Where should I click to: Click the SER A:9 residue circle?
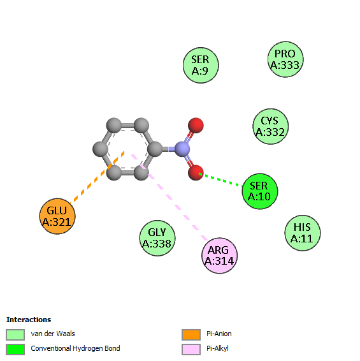tap(201, 66)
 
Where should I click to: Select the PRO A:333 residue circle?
tap(285, 59)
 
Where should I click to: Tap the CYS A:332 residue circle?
tap(271, 126)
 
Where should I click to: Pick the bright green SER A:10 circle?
tap(260, 191)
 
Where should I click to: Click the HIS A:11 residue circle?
tap(303, 233)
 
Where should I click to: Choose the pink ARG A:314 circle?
tap(219, 256)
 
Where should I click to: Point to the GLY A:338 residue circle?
tap(157, 238)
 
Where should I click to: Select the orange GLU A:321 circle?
tap(57, 216)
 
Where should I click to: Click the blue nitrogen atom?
tap(182, 149)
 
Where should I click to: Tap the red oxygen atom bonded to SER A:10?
tap(196, 173)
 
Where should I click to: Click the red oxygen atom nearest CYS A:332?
tap(196, 126)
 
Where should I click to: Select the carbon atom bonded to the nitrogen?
tap(155, 149)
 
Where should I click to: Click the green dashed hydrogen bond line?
tap(221, 180)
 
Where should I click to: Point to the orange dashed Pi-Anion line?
tap(97, 177)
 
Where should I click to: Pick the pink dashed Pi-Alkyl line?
tap(169, 197)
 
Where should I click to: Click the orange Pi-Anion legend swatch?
tap(191, 334)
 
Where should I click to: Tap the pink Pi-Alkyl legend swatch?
tap(191, 350)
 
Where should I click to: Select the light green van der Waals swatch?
tap(15, 334)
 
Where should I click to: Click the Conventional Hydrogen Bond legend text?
tap(75, 348)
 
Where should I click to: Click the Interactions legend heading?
tap(29, 320)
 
